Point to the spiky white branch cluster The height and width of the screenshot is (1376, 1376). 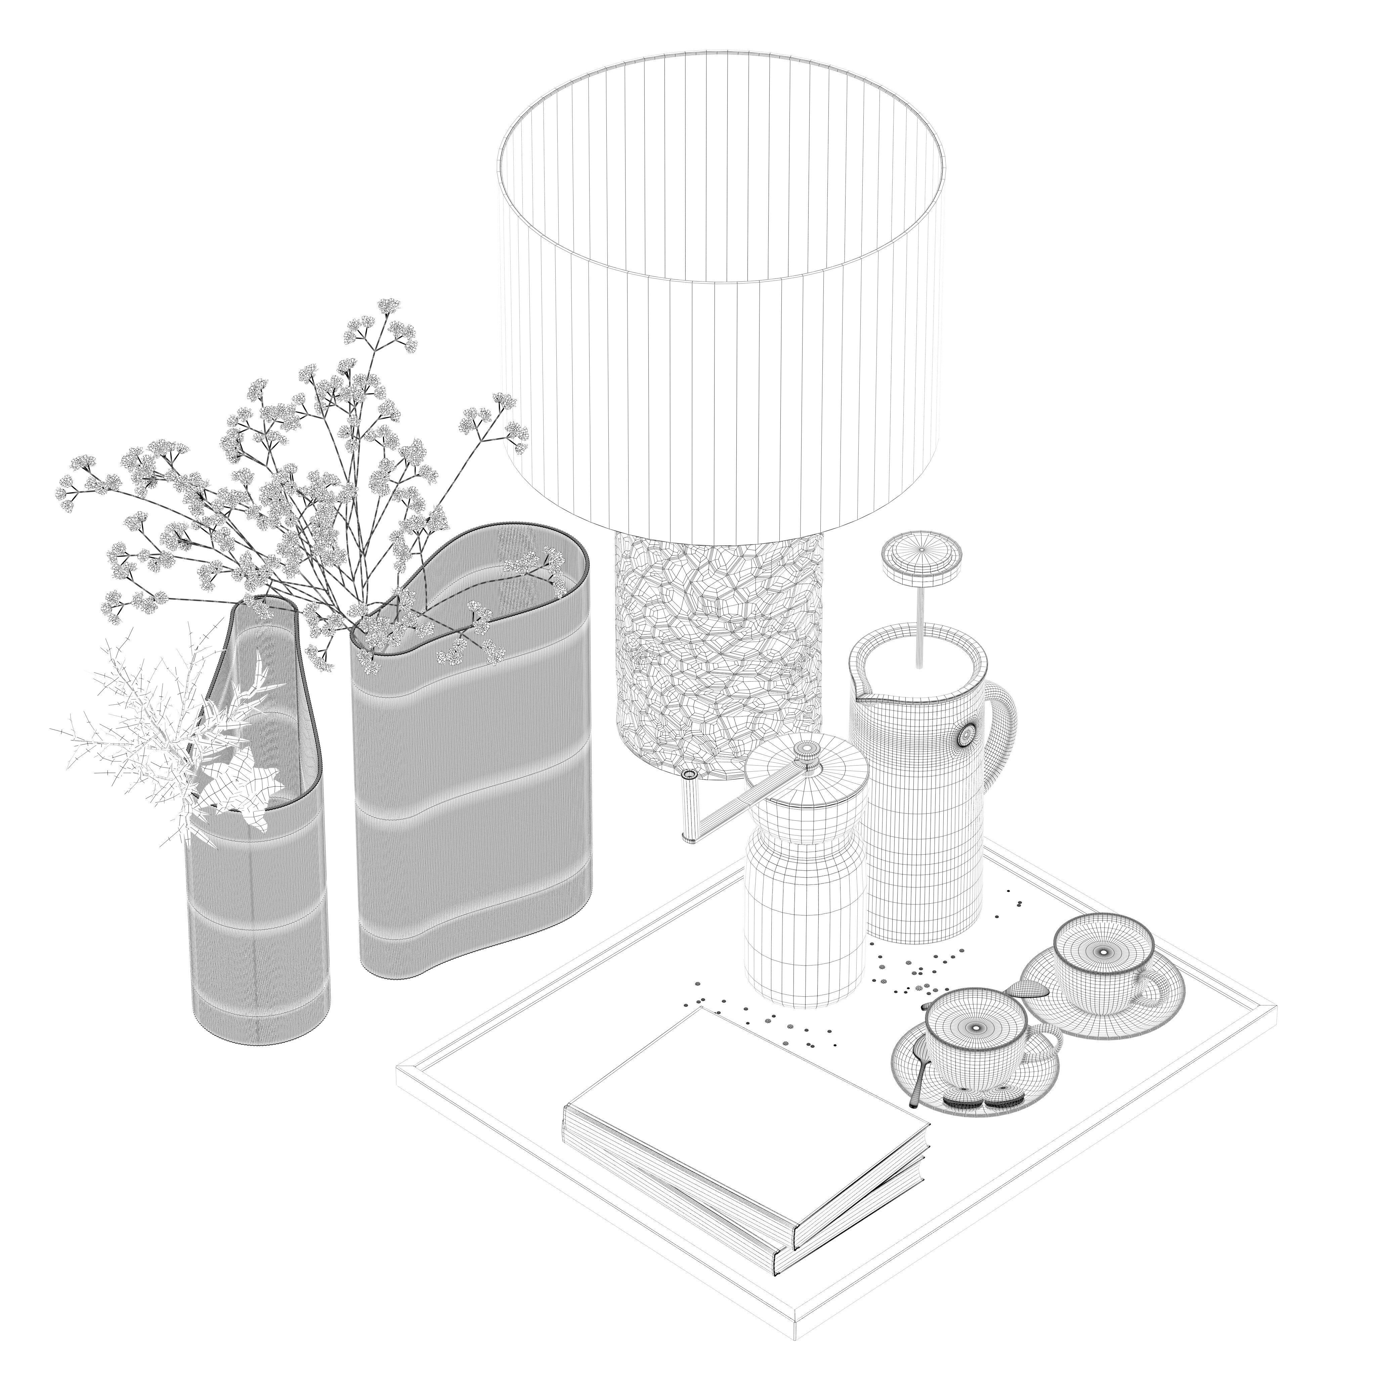point(164,741)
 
